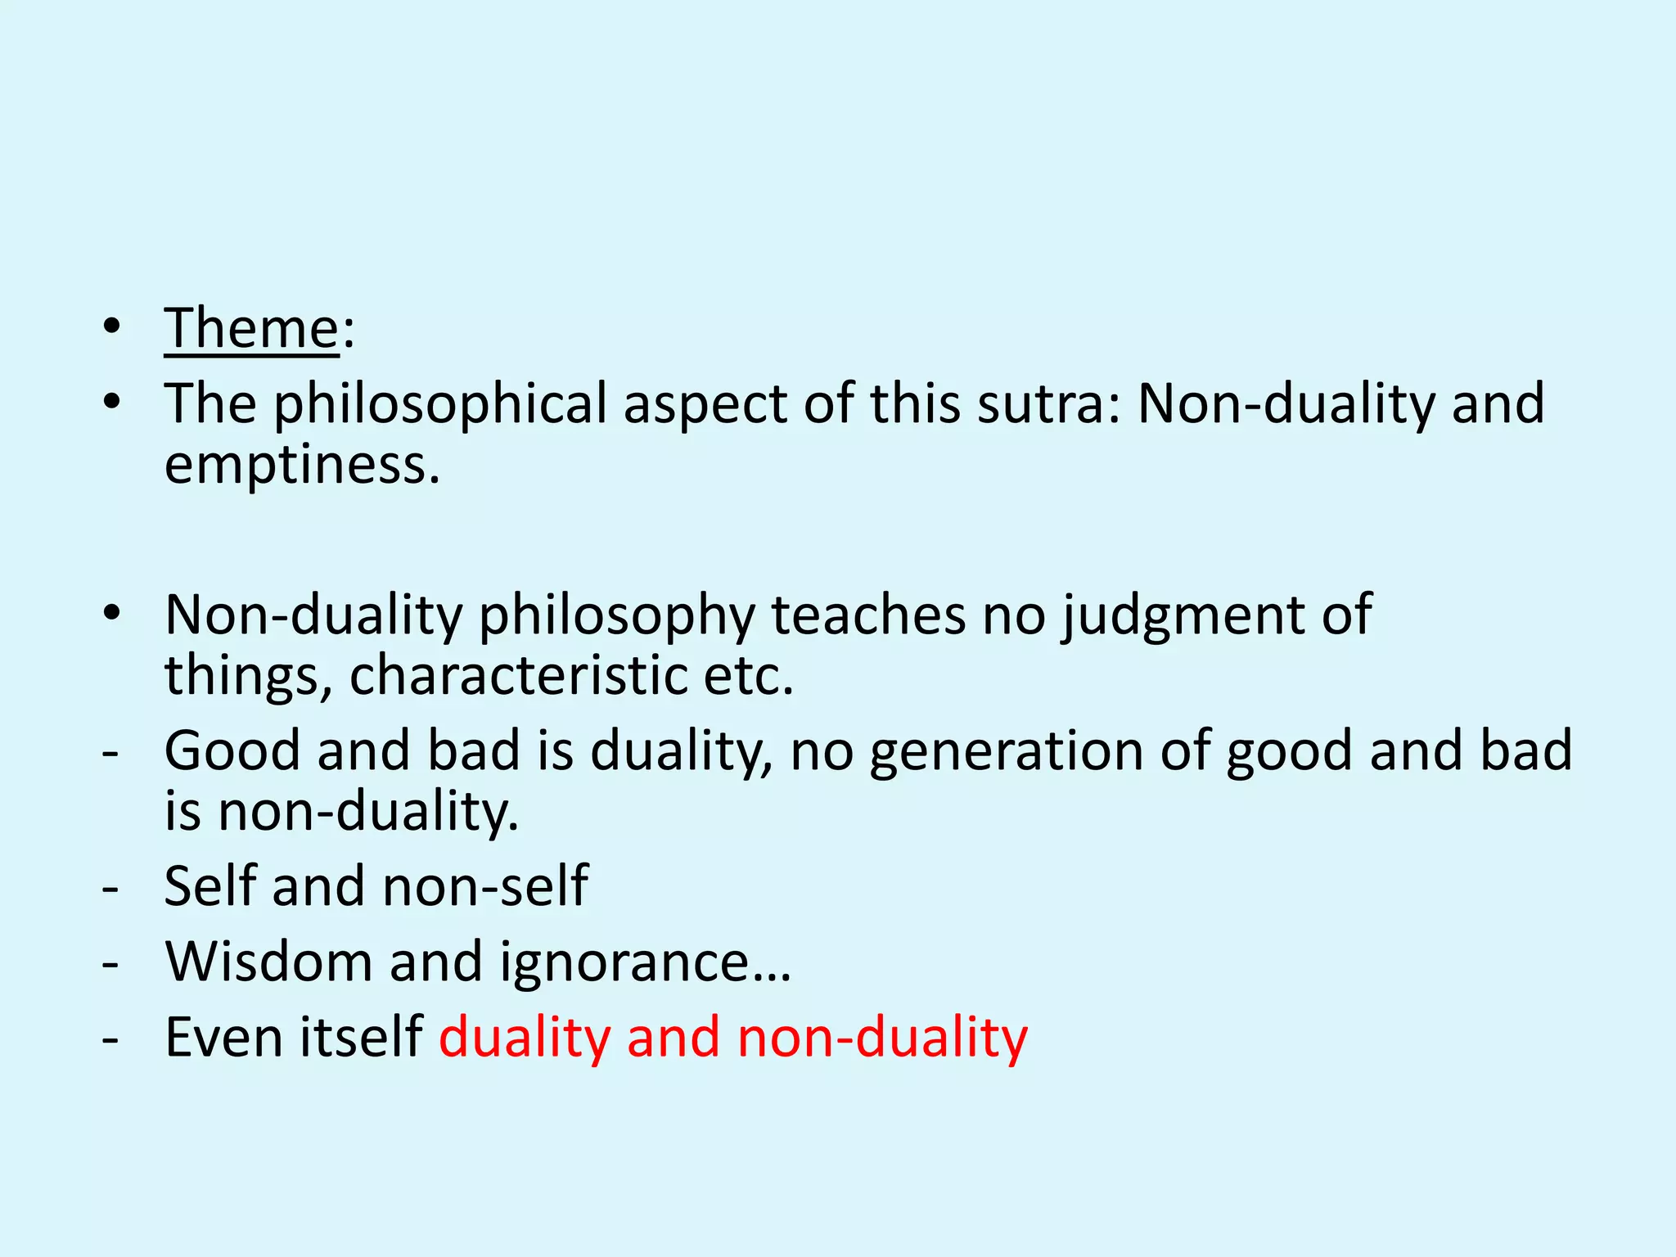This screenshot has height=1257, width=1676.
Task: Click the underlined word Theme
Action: point(251,328)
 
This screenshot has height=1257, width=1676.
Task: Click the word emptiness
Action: point(302,465)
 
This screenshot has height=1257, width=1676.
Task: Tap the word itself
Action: point(361,1038)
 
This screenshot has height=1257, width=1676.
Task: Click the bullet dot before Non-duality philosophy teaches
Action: point(112,614)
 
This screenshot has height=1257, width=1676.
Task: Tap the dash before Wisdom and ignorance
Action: point(110,963)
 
